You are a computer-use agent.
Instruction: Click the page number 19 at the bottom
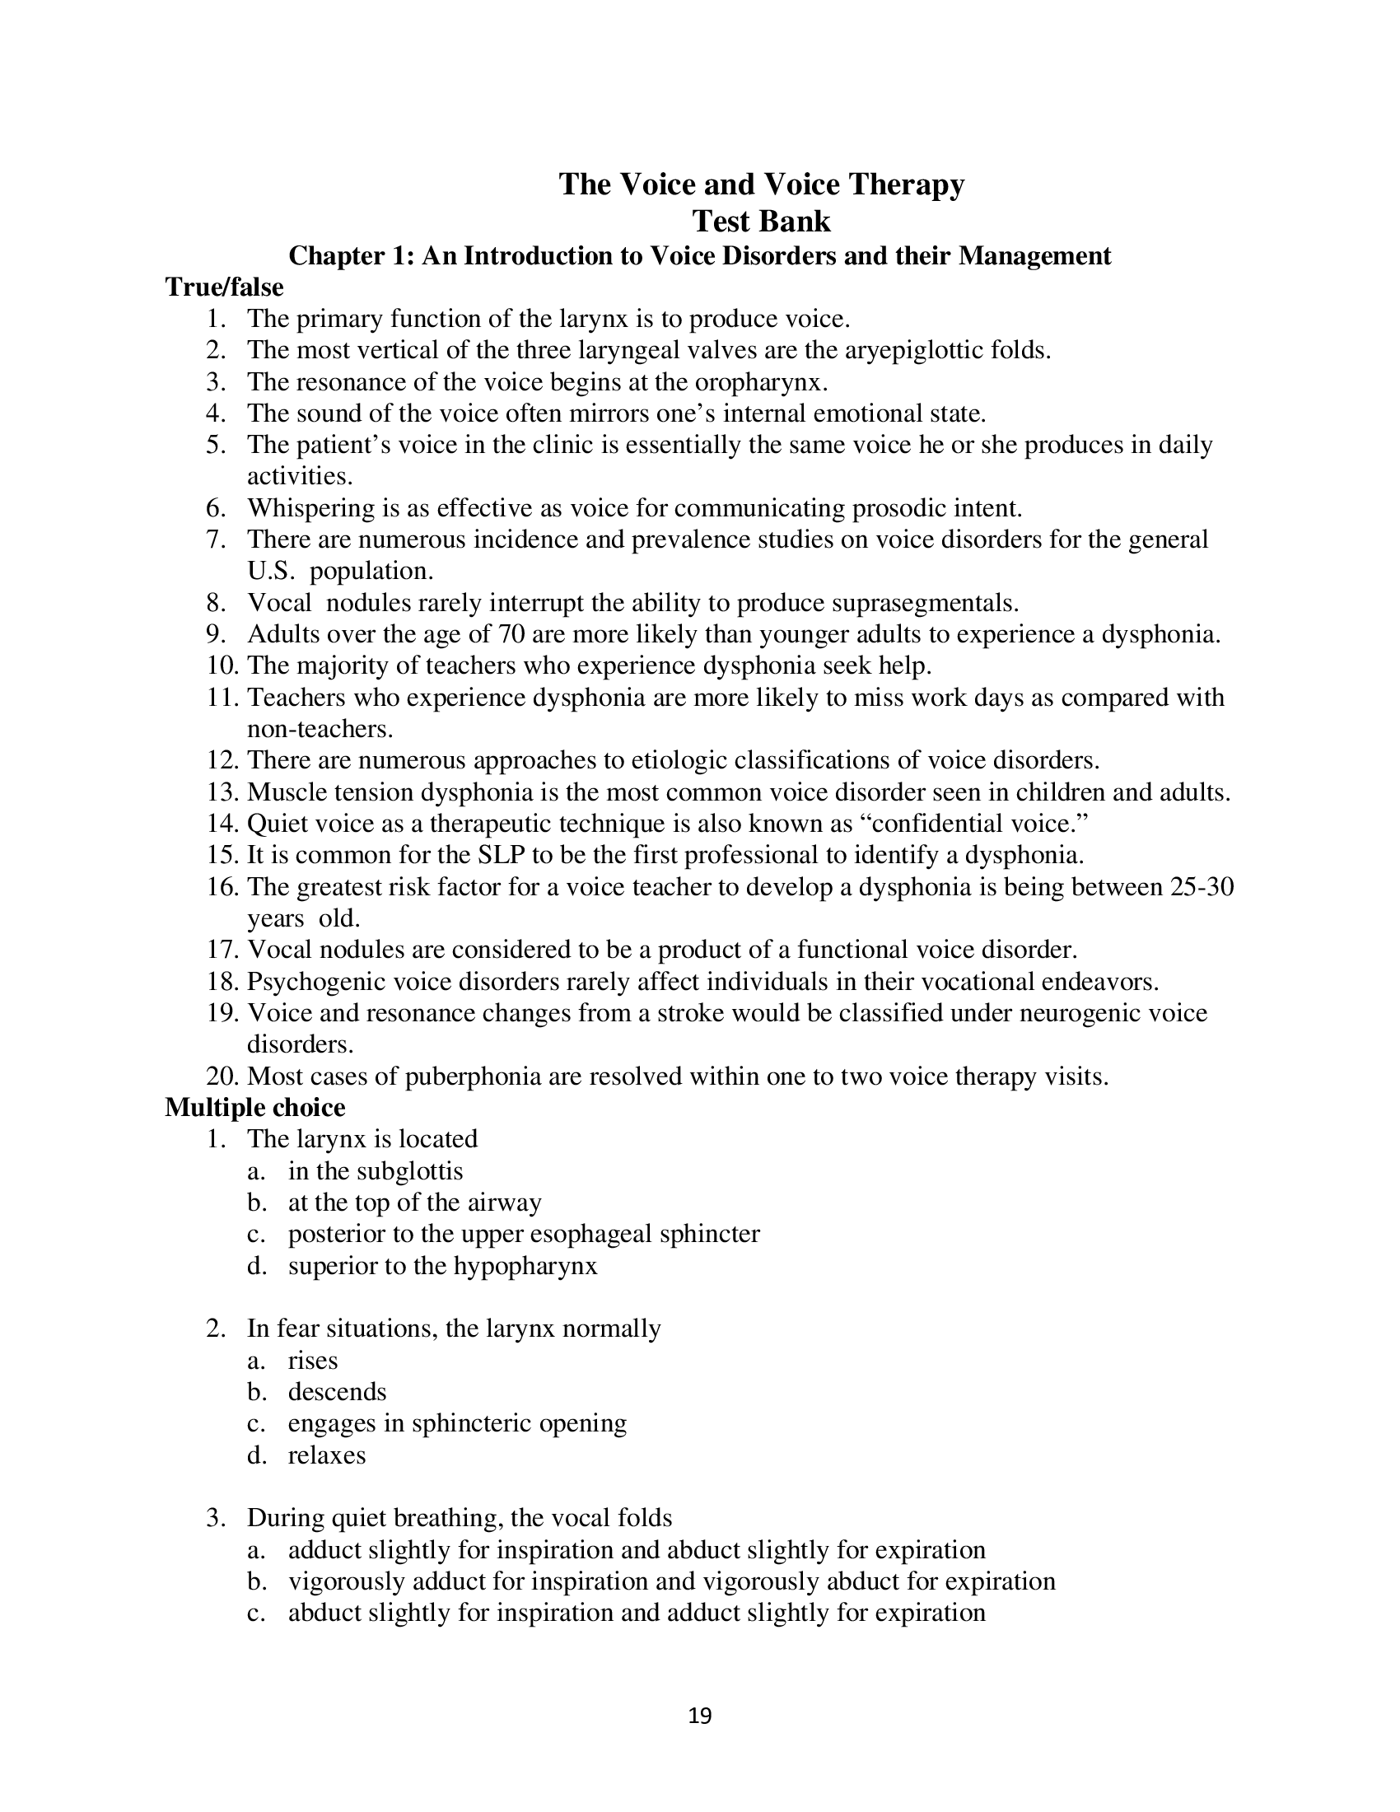click(x=700, y=1716)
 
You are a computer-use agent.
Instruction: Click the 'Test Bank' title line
click(x=762, y=222)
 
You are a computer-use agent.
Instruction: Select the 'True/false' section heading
click(x=224, y=287)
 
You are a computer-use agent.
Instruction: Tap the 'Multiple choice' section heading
click(x=254, y=1108)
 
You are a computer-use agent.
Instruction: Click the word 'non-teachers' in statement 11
click(x=318, y=729)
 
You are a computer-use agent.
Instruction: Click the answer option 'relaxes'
click(x=327, y=1455)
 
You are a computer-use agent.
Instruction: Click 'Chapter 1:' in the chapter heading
click(x=351, y=255)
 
